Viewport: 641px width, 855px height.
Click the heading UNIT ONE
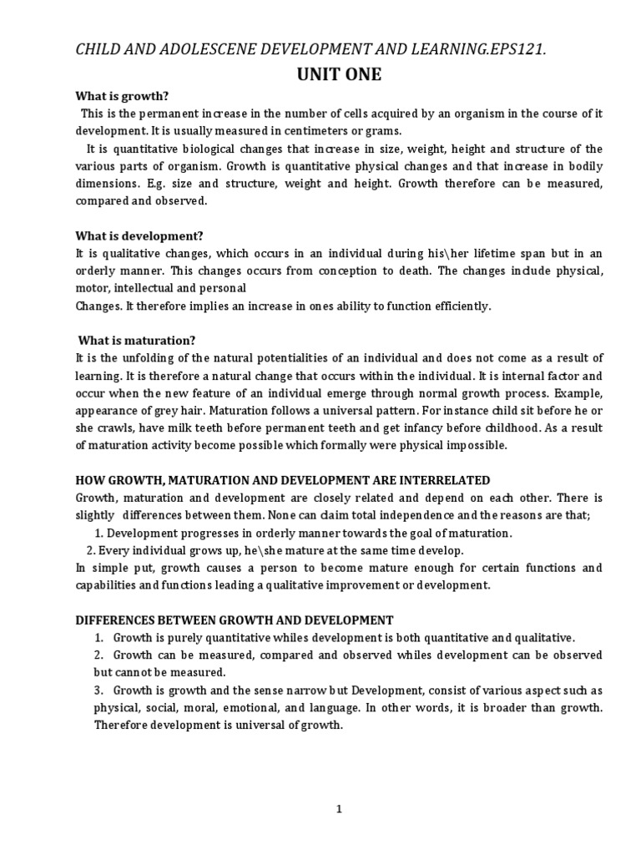[x=339, y=75]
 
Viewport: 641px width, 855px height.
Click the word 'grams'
[x=357, y=131]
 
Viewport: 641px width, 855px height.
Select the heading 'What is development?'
[x=139, y=236]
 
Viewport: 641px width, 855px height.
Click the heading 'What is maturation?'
[x=136, y=341]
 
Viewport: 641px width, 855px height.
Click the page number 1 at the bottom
[x=339, y=809]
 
